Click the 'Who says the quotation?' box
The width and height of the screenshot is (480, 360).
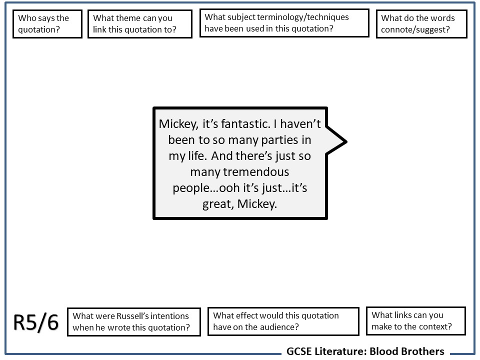[x=47, y=24]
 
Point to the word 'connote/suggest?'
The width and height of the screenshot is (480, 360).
[x=415, y=29]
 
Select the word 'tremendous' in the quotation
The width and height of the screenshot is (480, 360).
[x=239, y=172]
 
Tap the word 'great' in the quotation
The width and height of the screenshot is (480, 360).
[x=218, y=204]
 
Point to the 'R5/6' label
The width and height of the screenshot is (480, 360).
[x=36, y=323]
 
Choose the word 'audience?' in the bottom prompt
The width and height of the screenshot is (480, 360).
[x=281, y=327]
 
